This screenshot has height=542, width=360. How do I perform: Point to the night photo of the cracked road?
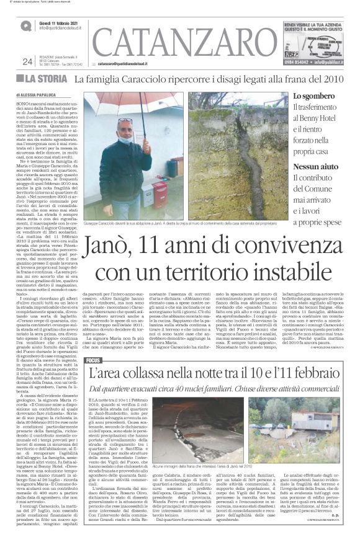[186, 427]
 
